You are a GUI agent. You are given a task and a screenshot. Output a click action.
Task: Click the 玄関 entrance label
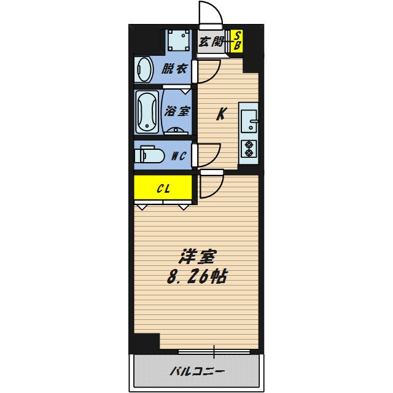pyautogui.click(x=211, y=42)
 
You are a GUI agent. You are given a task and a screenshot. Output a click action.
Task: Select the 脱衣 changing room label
pyautogui.click(x=174, y=68)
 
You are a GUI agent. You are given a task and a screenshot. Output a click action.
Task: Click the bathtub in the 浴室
pyautogui.click(x=147, y=112)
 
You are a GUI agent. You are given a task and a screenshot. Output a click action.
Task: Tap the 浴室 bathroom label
pyautogui.click(x=177, y=112)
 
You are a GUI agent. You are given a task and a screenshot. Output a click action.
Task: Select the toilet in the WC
pyautogui.click(x=149, y=154)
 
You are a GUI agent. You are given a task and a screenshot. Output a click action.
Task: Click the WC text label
pyautogui.click(x=178, y=156)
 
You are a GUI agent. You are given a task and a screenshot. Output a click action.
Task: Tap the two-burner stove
pyautogui.click(x=249, y=150)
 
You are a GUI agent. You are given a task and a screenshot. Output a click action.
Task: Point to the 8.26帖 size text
pyautogui.click(x=196, y=276)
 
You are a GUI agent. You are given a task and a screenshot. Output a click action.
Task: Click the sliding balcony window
pyautogui.click(x=214, y=352)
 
